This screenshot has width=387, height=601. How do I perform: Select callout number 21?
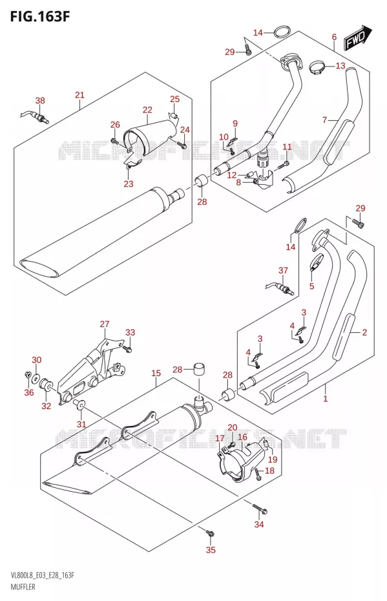click(79, 94)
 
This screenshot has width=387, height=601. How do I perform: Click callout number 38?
click(40, 100)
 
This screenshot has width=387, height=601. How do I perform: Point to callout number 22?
click(147, 110)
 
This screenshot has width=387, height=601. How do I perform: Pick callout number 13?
click(340, 65)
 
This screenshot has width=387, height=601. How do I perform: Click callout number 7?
click(324, 120)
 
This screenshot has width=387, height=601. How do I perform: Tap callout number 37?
click(283, 270)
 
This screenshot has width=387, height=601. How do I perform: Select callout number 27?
click(105, 324)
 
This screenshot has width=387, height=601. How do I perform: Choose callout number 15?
click(156, 373)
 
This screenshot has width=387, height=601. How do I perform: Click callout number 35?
click(211, 550)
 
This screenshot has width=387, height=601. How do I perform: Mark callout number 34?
click(259, 524)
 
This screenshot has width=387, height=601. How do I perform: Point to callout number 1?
click(326, 399)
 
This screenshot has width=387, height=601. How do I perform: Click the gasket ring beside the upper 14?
click(282, 32)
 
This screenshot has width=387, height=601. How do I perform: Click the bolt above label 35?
click(209, 532)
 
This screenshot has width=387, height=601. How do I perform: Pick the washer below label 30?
click(36, 378)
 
